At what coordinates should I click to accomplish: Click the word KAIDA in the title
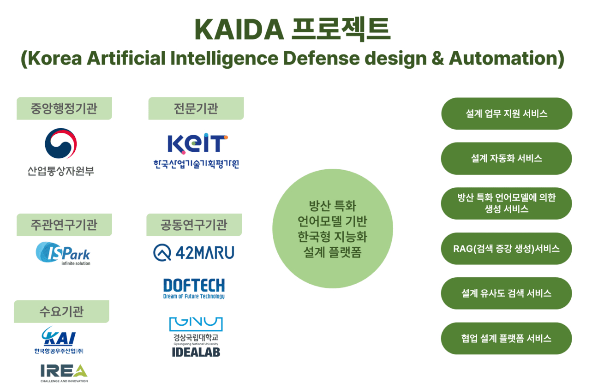(x=239, y=30)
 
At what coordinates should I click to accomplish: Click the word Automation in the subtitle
(x=507, y=59)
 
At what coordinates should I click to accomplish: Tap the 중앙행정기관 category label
(x=64, y=108)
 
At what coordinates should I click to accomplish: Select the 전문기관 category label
(x=196, y=108)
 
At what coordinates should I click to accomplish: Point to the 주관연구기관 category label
(x=64, y=225)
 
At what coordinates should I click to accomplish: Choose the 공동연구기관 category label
(x=194, y=225)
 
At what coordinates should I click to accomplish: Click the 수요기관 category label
(x=61, y=311)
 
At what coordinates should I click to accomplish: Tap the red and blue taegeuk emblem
(x=61, y=143)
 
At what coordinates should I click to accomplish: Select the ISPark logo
(x=63, y=254)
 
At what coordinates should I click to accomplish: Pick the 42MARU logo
(x=194, y=253)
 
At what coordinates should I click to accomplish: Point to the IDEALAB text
(x=196, y=352)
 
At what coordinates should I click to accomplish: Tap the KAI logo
(x=59, y=340)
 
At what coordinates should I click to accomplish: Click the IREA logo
(x=64, y=373)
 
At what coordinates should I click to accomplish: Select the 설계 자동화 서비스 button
(x=507, y=159)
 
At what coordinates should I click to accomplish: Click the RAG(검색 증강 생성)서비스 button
(x=507, y=249)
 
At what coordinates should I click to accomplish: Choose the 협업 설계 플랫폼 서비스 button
(x=507, y=339)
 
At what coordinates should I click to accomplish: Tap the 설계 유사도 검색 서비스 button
(x=507, y=293)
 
